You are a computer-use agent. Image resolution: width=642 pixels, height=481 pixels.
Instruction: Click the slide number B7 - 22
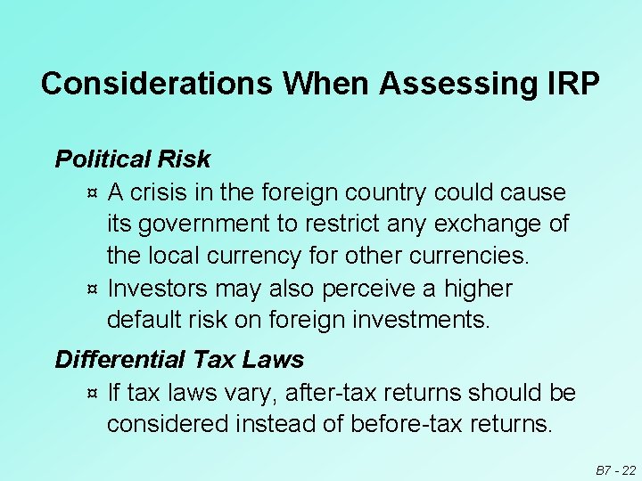coord(614,469)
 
